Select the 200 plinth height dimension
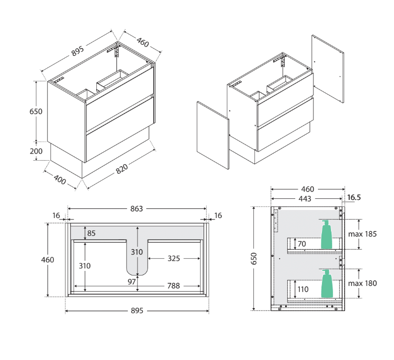click(x=36, y=151)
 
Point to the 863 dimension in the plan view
click(x=137, y=208)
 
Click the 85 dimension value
click(x=91, y=233)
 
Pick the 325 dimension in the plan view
click(x=173, y=258)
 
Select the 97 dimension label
click(x=132, y=281)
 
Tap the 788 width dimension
click(x=173, y=286)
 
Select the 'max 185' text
click(x=363, y=234)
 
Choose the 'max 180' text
click(x=363, y=283)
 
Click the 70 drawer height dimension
click(x=302, y=244)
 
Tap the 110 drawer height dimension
click(x=303, y=290)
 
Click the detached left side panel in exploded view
click(x=213, y=135)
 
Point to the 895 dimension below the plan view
click(x=137, y=311)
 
